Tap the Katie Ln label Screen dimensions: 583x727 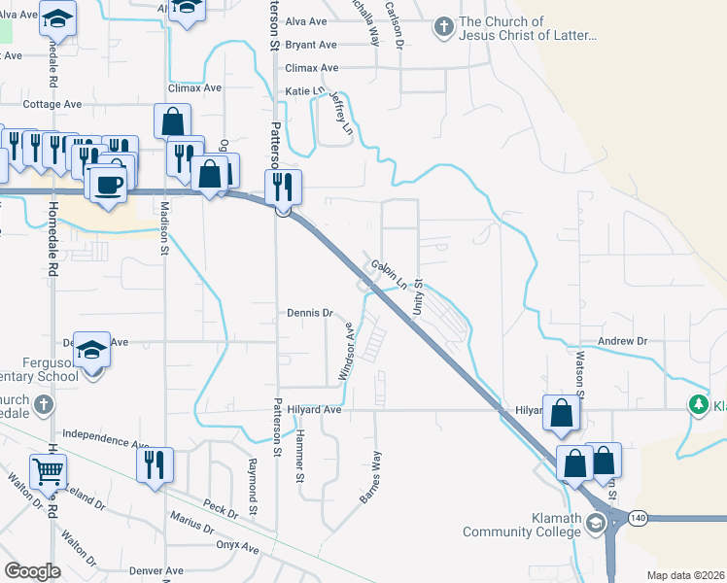coord(303,90)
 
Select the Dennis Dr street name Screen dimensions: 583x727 coord(310,313)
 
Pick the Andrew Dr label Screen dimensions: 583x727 coord(622,341)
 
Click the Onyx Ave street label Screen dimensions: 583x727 coord(237,548)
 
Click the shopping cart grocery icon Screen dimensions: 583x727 coord(48,472)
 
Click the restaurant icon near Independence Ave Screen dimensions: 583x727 coord(155,463)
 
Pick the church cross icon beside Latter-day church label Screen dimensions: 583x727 coord(443,26)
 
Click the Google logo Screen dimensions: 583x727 coord(32,571)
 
